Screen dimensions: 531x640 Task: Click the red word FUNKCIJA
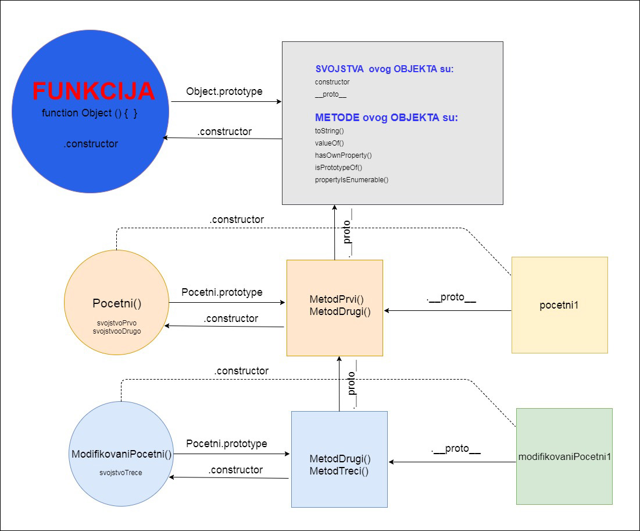[93, 91]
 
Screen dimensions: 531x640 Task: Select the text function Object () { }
[90, 113]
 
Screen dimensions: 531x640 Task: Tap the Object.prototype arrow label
[224, 91]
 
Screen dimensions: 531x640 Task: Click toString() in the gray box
[329, 131]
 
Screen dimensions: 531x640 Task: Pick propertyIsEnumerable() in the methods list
[351, 180]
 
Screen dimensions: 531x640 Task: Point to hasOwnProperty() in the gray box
[343, 155]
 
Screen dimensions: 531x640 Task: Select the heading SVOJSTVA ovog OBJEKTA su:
[384, 69]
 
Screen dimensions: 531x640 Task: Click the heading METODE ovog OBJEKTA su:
[386, 118]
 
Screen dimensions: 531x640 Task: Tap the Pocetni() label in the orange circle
[117, 303]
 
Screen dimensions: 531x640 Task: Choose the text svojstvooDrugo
[117, 331]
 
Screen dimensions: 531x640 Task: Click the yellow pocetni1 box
[559, 305]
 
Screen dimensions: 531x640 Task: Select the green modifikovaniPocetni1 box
[564, 456]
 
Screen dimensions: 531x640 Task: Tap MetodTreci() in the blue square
[339, 471]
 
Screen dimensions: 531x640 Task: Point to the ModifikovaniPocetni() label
[121, 454]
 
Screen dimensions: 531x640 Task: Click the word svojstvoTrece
[121, 473]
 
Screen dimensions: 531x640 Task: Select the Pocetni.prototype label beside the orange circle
[221, 292]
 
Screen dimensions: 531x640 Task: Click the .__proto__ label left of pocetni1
[451, 298]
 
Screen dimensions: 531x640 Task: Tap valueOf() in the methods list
[329, 143]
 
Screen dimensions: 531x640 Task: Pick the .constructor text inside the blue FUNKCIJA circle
[91, 144]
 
